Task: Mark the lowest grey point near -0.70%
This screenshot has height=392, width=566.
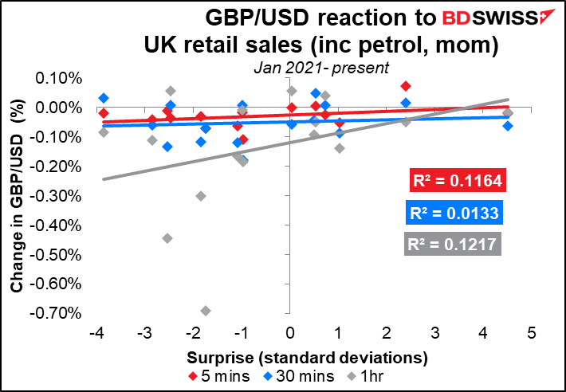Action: click(206, 311)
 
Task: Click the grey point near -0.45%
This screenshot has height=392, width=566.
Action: click(167, 238)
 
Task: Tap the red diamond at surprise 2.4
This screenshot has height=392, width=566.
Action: click(406, 86)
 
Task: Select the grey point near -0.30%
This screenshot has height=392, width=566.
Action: click(201, 196)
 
